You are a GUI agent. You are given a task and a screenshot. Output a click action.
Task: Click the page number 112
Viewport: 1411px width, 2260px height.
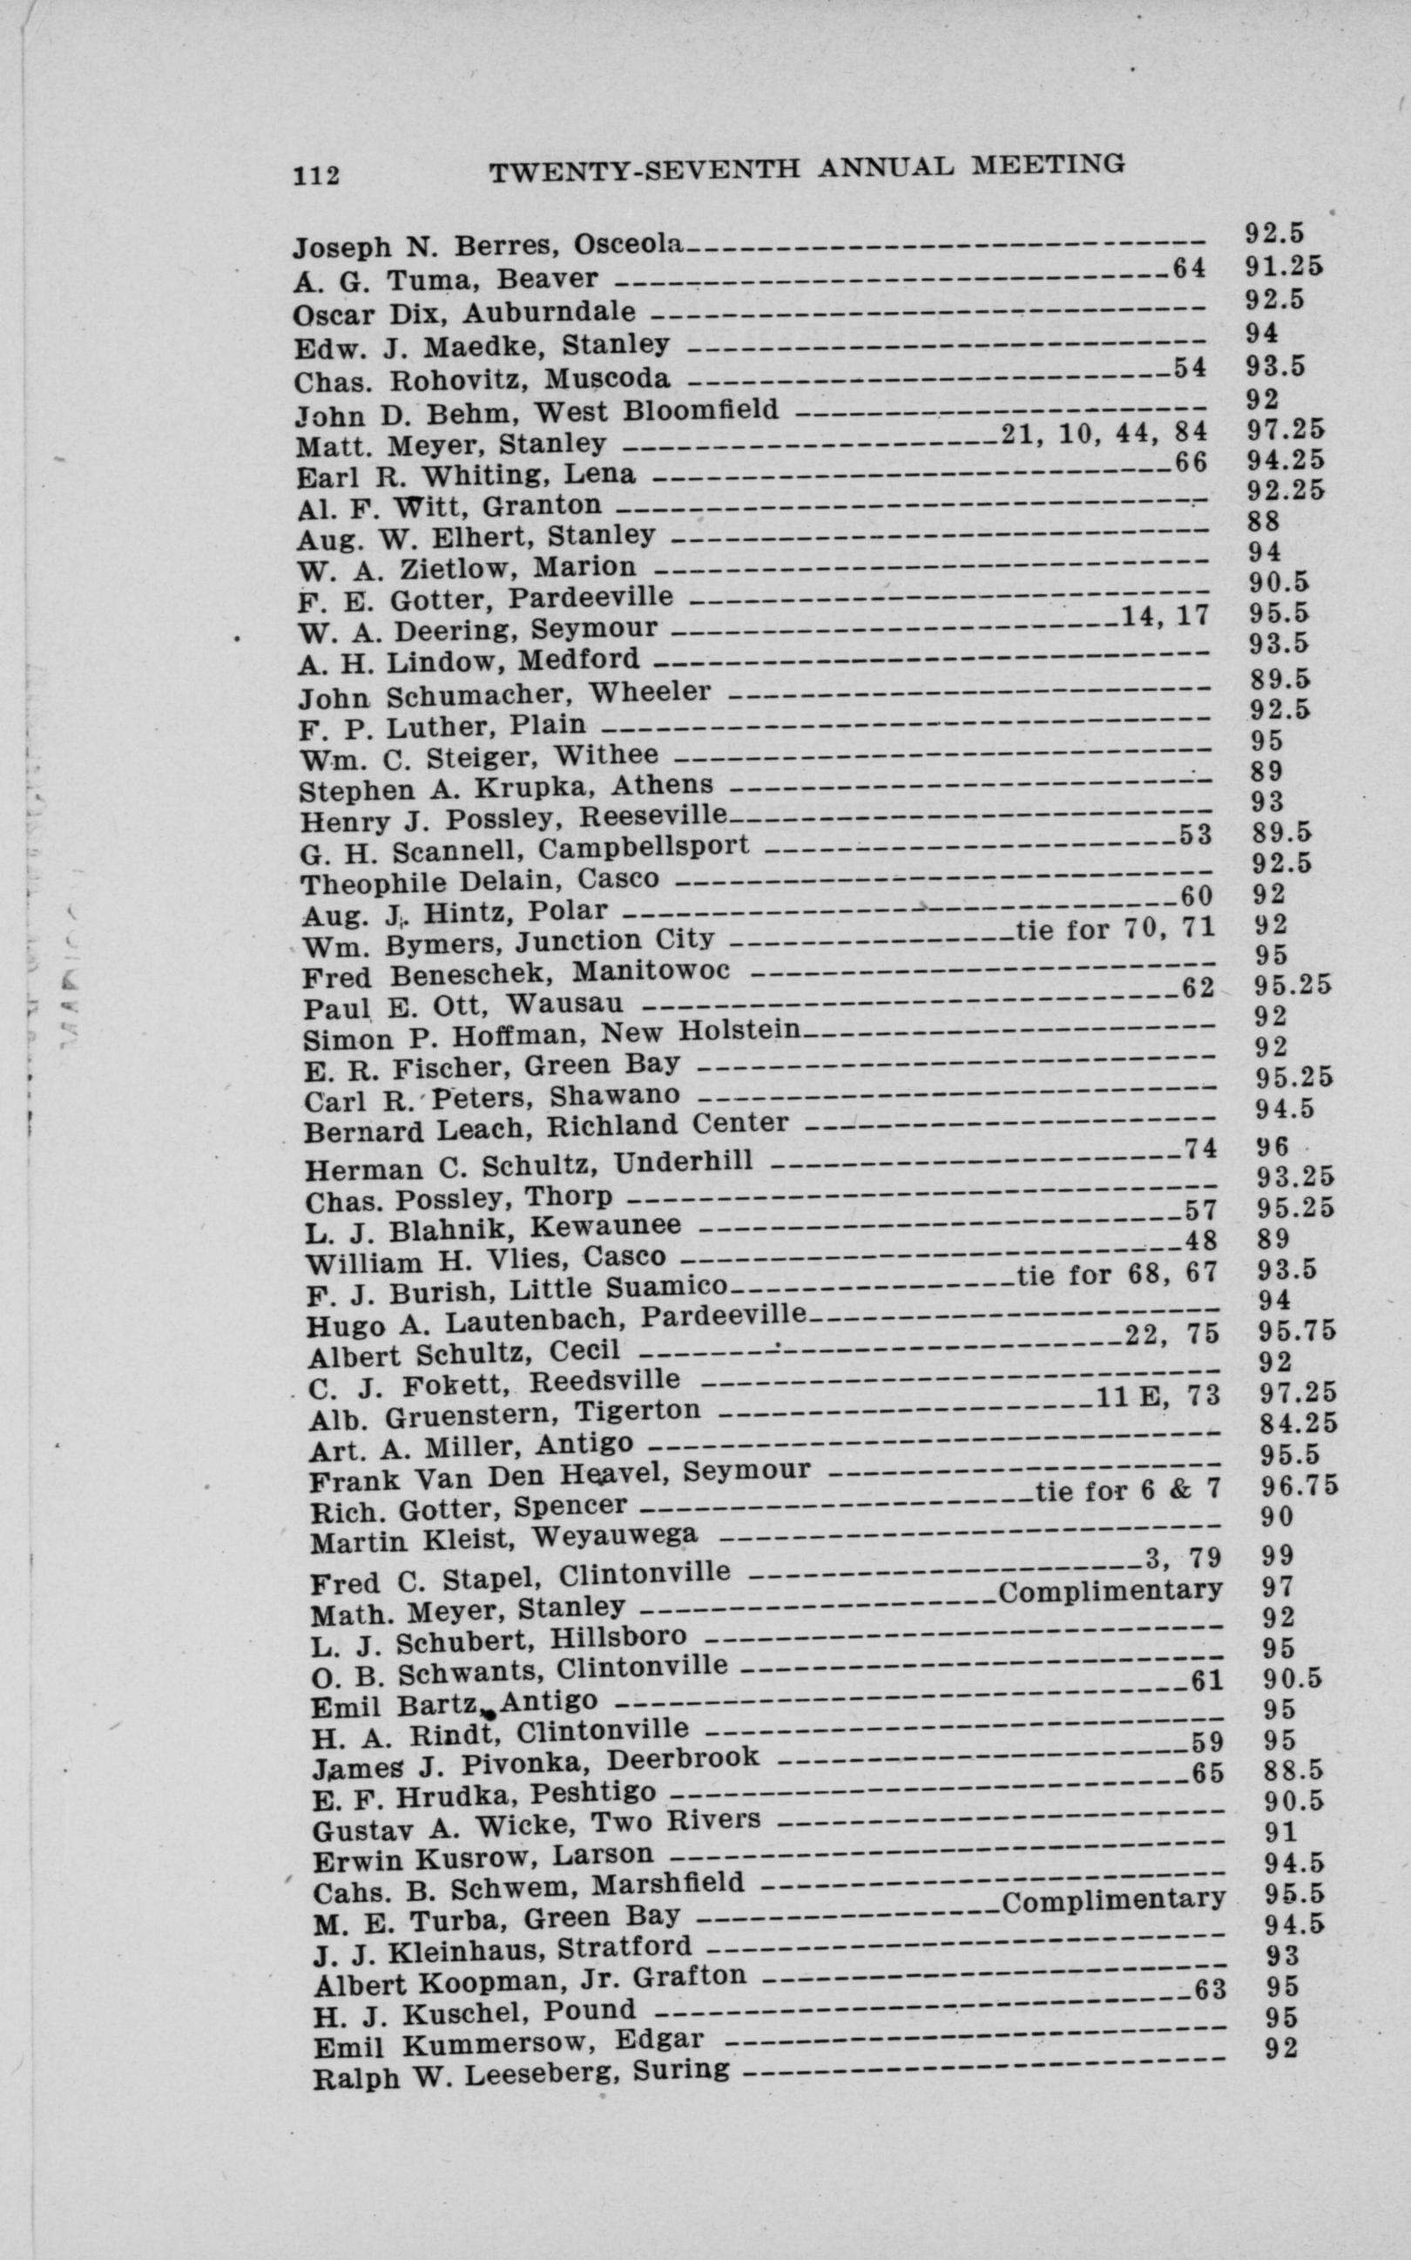(x=315, y=175)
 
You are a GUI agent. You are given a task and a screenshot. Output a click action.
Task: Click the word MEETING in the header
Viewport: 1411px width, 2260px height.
(x=1048, y=166)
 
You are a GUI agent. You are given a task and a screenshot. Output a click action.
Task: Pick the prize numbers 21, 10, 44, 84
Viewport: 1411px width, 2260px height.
(x=1103, y=432)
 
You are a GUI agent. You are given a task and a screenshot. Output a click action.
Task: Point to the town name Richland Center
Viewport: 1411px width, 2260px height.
(x=667, y=1125)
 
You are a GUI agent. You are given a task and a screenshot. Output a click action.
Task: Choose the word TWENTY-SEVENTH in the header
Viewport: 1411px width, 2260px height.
(x=645, y=171)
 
